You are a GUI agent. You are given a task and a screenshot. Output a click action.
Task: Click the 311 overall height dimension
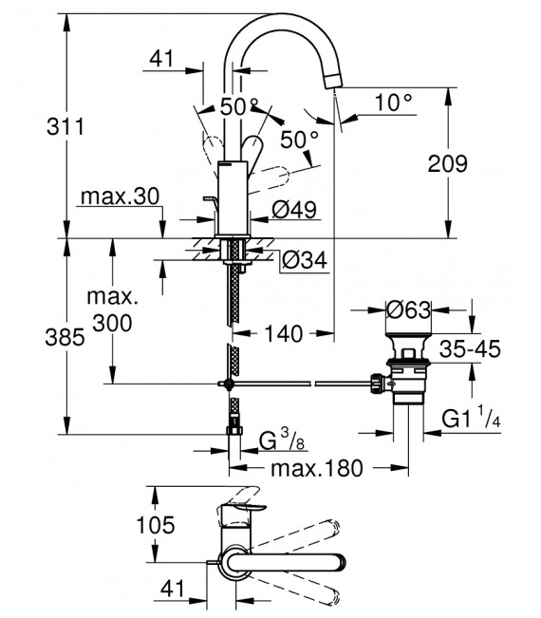(x=45, y=125)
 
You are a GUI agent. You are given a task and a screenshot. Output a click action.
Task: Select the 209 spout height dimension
(x=476, y=163)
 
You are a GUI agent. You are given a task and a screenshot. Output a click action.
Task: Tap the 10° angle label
(x=394, y=101)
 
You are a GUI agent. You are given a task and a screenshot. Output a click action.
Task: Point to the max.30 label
(x=119, y=197)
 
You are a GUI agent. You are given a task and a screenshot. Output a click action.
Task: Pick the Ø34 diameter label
(x=307, y=259)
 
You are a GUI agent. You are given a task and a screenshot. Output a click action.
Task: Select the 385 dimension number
(x=45, y=336)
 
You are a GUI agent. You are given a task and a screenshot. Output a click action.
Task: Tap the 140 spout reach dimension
(x=285, y=333)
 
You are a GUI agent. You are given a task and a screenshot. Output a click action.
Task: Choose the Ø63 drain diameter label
(x=409, y=309)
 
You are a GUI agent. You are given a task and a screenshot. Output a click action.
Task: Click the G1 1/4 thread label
(x=480, y=416)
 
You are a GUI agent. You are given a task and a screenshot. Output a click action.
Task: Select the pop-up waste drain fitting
(x=409, y=370)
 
